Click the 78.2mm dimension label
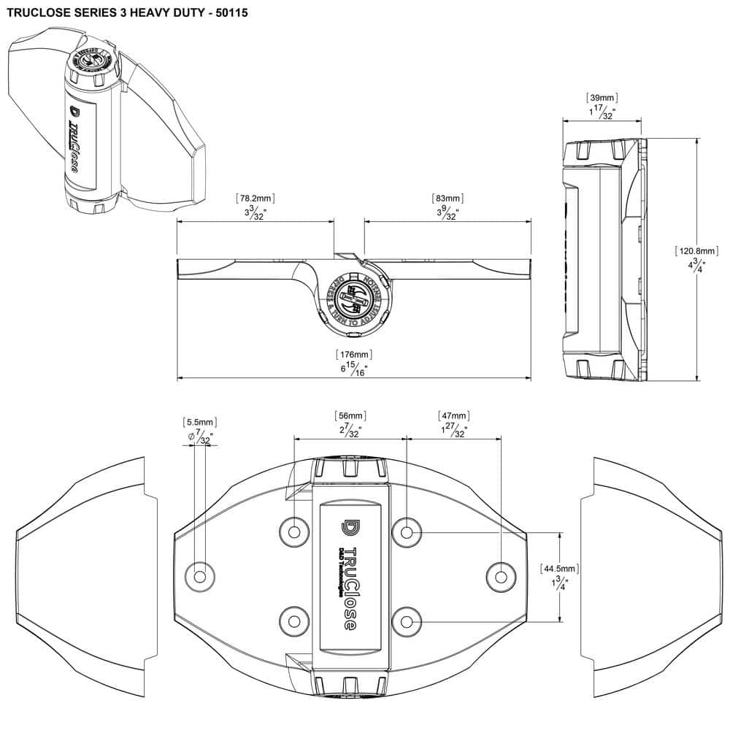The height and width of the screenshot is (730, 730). click(x=255, y=199)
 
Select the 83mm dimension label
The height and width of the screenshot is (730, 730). click(x=447, y=199)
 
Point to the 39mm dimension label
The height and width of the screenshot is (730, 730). click(x=602, y=97)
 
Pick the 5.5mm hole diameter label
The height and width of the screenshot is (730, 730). click(x=199, y=423)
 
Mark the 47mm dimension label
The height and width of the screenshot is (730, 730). click(x=453, y=416)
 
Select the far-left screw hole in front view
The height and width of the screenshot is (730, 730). click(x=199, y=576)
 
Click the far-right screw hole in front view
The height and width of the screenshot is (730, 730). click(x=502, y=576)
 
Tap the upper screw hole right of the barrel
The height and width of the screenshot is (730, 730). click(x=407, y=532)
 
